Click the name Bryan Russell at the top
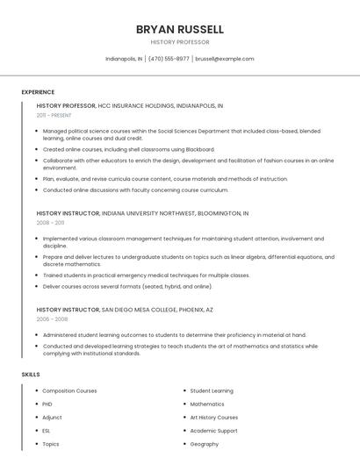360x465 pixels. click(x=179, y=29)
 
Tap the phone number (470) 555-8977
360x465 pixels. click(x=169, y=59)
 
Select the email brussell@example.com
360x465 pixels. click(x=225, y=59)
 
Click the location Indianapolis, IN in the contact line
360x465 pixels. click(x=124, y=59)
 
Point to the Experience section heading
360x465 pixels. click(x=38, y=92)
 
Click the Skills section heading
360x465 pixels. click(x=31, y=375)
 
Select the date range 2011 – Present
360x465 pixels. click(x=54, y=115)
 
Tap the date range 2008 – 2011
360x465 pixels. click(x=50, y=223)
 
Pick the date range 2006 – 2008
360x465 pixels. click(x=51, y=319)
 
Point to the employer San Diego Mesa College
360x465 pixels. click(x=141, y=310)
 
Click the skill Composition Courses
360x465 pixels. click(x=69, y=390)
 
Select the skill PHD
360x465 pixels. click(x=47, y=404)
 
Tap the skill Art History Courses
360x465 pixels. click(x=214, y=418)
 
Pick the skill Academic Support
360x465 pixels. click(x=213, y=431)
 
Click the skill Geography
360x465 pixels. click(x=204, y=444)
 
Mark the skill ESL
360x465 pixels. click(x=47, y=431)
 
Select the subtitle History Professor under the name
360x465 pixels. click(x=179, y=42)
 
